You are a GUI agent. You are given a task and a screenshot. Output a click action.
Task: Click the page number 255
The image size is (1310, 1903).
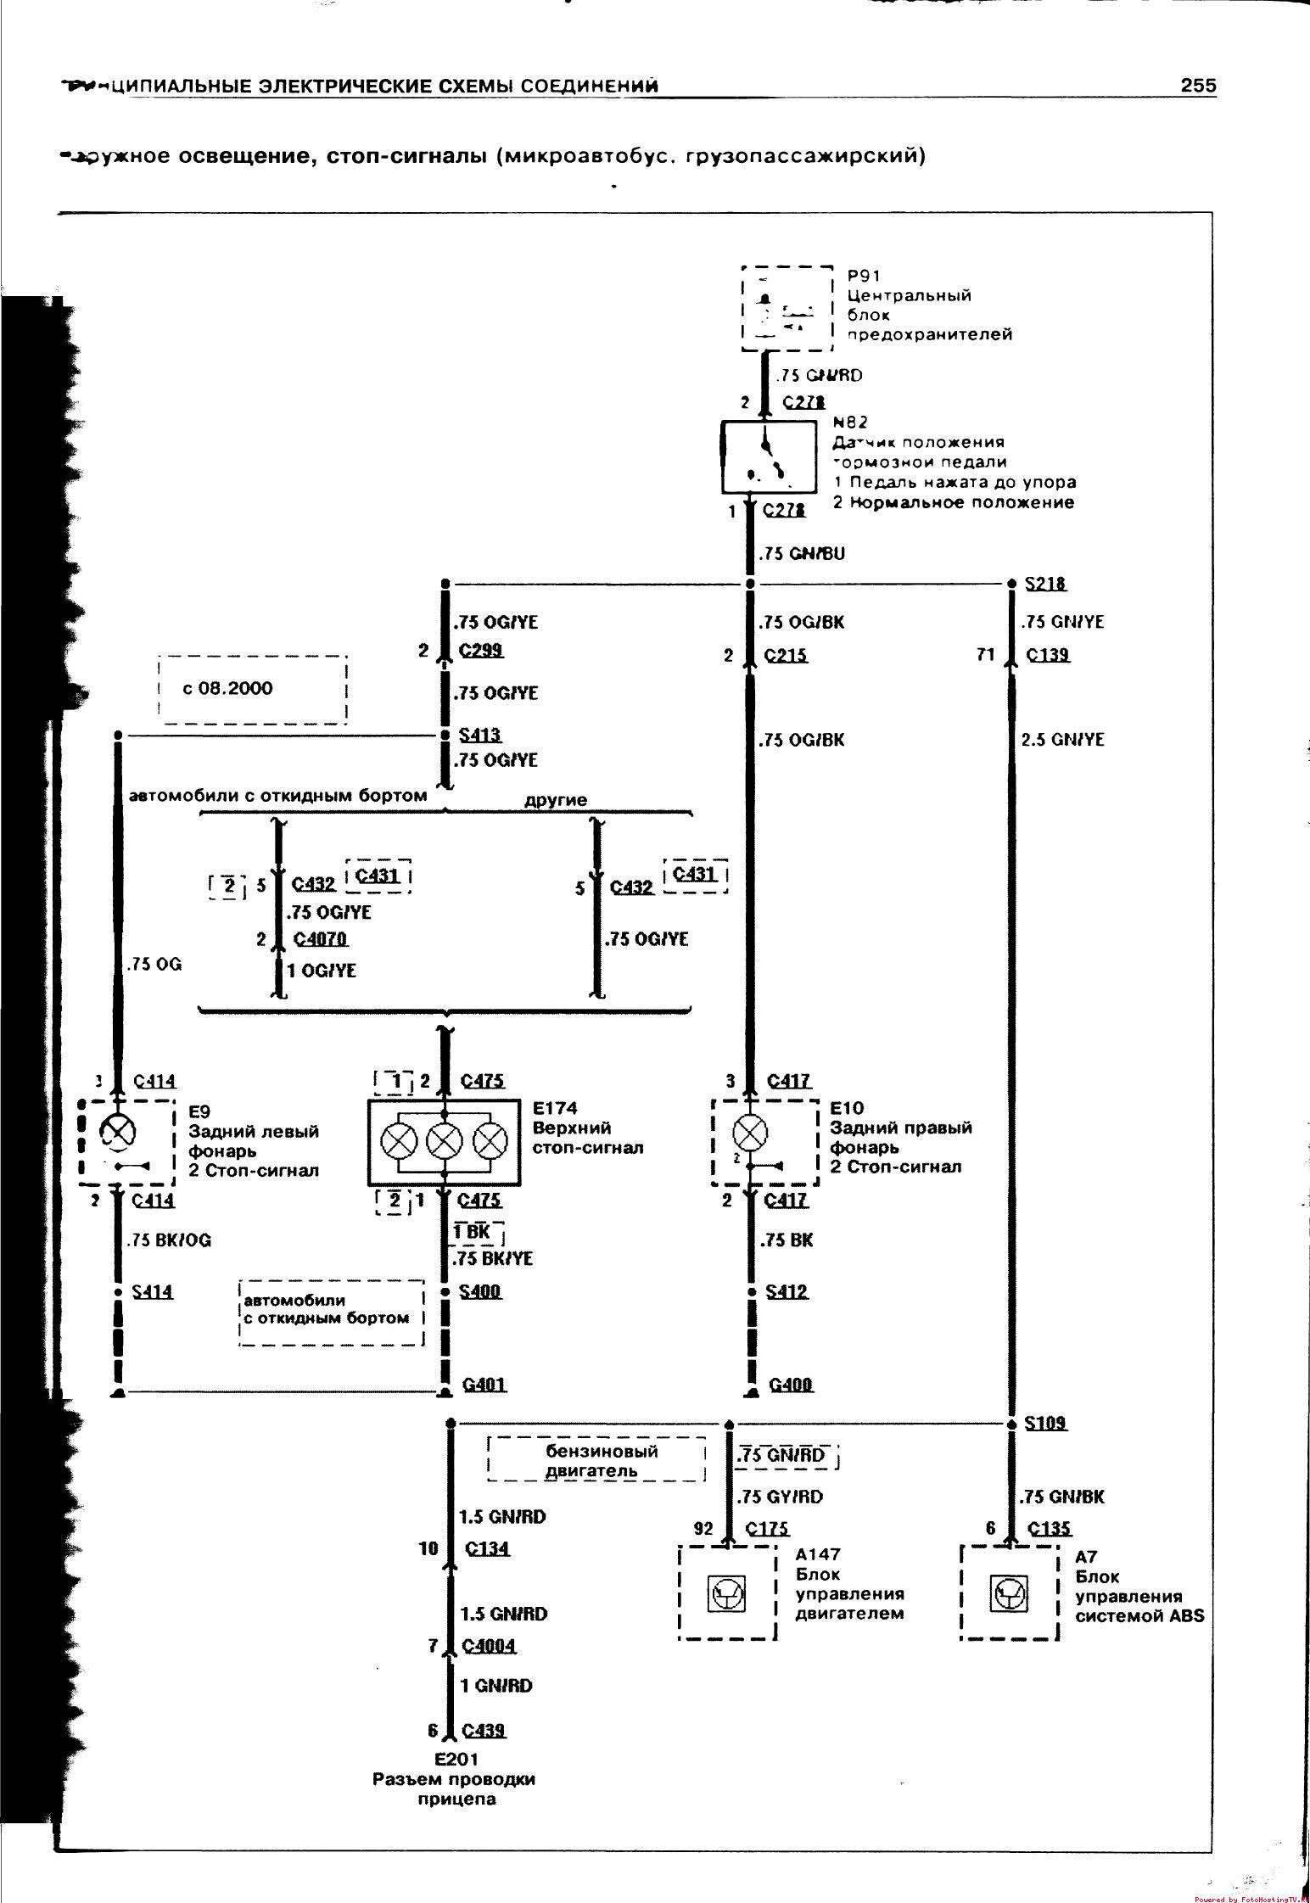[1197, 86]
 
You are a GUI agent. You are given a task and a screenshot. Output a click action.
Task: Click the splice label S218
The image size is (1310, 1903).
[1045, 584]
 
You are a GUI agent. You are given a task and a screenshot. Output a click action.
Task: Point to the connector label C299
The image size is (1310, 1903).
[481, 651]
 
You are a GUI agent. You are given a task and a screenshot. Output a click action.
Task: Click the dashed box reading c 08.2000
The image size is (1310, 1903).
[252, 689]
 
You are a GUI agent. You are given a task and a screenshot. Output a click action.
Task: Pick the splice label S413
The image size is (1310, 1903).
[479, 735]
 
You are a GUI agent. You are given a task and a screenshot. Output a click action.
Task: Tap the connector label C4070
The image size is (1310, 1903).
[321, 939]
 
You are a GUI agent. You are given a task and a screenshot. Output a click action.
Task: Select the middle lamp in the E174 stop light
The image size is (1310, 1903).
[443, 1142]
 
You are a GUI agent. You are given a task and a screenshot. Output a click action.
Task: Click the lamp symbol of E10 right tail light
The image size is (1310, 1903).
[750, 1132]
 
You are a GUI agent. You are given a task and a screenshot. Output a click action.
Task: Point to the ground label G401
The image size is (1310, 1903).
[484, 1385]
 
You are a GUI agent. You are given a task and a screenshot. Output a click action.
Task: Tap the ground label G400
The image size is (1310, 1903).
[791, 1385]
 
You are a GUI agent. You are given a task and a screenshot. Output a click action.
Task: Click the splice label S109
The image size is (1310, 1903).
[1045, 1424]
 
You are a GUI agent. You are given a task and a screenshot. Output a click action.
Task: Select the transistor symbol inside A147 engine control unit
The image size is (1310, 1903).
[727, 1596]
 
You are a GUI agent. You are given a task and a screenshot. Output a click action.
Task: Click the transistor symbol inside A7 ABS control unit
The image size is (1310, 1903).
[1009, 1594]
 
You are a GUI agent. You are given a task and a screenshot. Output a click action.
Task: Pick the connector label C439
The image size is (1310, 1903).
[484, 1731]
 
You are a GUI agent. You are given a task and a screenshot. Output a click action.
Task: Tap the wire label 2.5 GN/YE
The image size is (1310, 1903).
[1062, 740]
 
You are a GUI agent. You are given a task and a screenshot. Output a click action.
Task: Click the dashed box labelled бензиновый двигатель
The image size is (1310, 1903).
[596, 1459]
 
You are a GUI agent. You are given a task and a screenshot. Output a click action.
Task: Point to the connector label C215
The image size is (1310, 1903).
[786, 655]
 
